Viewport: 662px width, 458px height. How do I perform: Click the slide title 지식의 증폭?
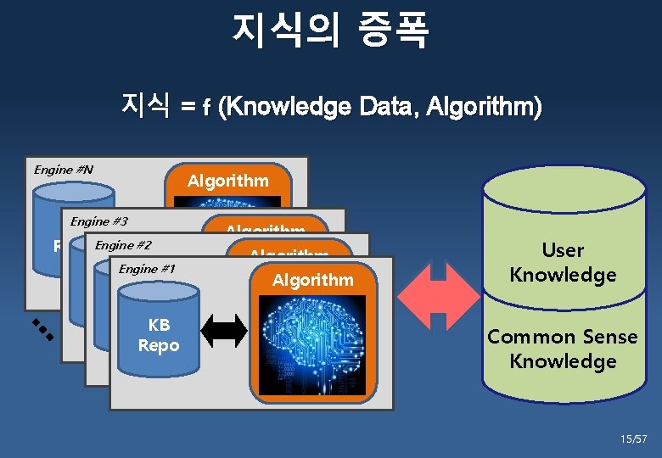[330, 30]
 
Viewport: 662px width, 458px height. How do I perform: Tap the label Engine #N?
[63, 170]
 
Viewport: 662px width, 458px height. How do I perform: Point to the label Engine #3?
[98, 221]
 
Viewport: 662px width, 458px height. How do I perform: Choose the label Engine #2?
[123, 246]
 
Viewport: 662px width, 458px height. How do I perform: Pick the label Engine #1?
[147, 270]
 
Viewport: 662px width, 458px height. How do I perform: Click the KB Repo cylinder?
[159, 331]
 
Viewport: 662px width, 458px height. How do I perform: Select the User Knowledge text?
[562, 262]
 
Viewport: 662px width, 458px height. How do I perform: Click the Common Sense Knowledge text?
[562, 349]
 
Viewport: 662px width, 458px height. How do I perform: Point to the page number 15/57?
[633, 439]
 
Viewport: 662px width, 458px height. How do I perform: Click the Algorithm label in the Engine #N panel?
[227, 181]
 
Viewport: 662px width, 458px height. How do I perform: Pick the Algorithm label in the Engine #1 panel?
[312, 280]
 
